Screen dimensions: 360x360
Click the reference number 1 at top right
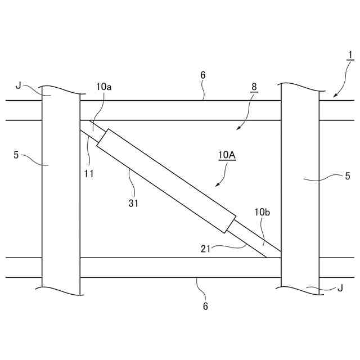pyautogui.click(x=350, y=55)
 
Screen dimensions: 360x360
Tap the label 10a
pyautogui.click(x=103, y=87)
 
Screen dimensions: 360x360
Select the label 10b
pyautogui.click(x=262, y=212)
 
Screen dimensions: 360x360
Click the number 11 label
pyautogui.click(x=89, y=173)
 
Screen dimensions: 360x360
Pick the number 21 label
pyautogui.click(x=206, y=248)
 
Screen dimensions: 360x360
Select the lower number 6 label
pyautogui.click(x=205, y=306)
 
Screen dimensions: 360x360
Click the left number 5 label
pyautogui.click(x=16, y=154)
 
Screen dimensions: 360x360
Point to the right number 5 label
pyautogui.click(x=347, y=176)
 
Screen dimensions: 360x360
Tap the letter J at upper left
pyautogui.click(x=19, y=85)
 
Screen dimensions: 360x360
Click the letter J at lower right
pyautogui.click(x=340, y=289)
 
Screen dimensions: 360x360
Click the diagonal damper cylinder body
pyautogui.click(x=166, y=180)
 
